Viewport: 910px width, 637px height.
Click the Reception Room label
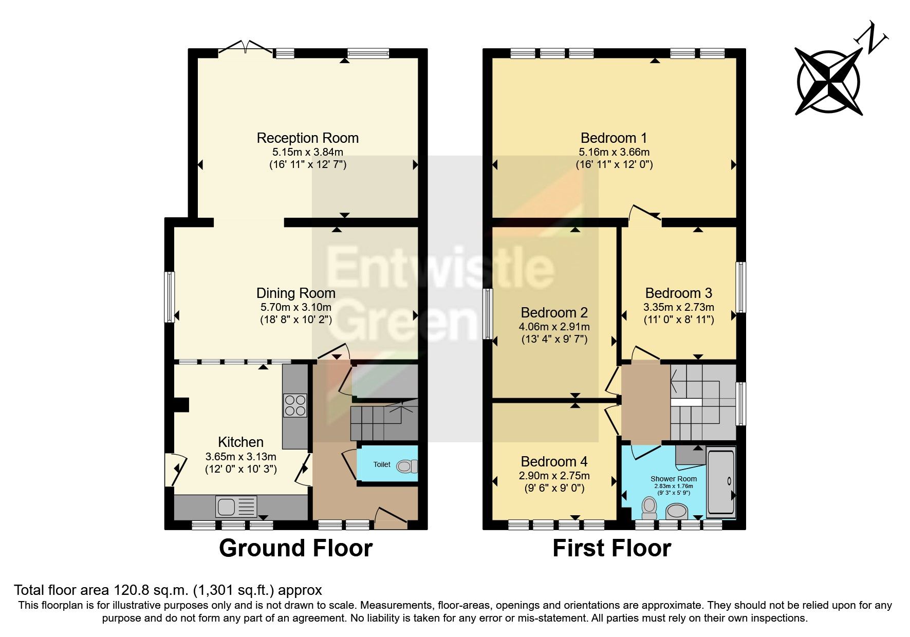coord(307,138)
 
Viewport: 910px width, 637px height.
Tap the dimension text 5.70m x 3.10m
coord(295,307)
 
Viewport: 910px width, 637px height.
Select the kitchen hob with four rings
coord(295,405)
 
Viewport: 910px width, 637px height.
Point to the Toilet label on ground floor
coord(382,464)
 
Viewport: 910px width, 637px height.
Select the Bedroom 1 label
coord(614,138)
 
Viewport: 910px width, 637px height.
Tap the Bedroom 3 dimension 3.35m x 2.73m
coord(678,307)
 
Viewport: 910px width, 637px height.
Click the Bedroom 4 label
coord(554,461)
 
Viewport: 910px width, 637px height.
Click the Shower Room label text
coord(673,478)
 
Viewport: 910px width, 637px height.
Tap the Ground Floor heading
coord(295,548)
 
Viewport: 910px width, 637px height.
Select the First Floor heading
coord(611,548)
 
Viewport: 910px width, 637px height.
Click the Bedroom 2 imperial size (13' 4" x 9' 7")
coord(554,339)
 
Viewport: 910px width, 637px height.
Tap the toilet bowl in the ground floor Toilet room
coord(406,466)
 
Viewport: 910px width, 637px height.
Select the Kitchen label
coord(240,442)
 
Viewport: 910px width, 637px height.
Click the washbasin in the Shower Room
coord(677,511)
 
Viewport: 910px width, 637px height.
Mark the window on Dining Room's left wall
coord(169,297)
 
